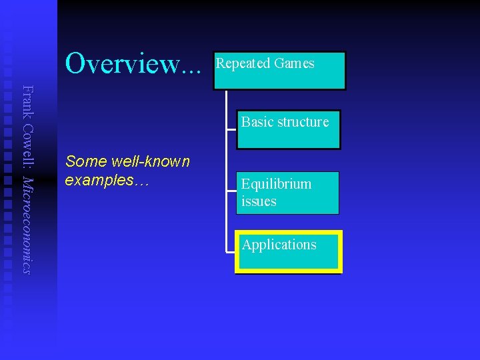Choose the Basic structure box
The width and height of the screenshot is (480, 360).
[x=288, y=130]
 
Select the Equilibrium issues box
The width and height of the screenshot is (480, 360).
[x=287, y=193]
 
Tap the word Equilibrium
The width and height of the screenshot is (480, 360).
[x=276, y=184]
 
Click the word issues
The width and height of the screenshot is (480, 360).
[x=259, y=201]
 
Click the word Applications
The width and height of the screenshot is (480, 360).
[x=279, y=245]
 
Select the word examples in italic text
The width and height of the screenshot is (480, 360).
[x=99, y=180]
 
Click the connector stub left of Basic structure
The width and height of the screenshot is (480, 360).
[x=231, y=129]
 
